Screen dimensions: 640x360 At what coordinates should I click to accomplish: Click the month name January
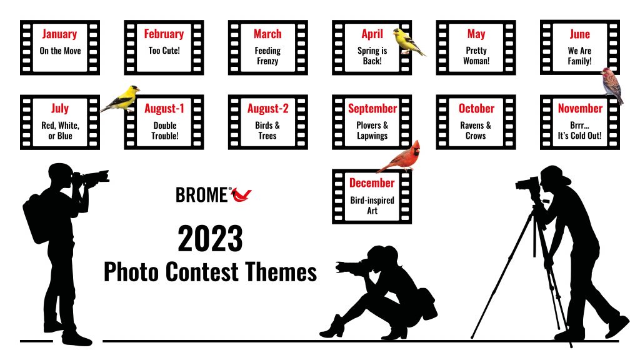pyautogui.click(x=59, y=34)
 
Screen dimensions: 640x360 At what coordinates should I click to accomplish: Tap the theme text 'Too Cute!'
pyautogui.click(x=164, y=51)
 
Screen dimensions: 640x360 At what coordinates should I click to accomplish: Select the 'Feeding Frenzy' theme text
pyautogui.click(x=267, y=56)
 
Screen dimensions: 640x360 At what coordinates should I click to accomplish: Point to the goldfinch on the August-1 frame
pyautogui.click(x=121, y=99)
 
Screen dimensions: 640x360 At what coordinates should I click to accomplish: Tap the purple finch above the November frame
pyautogui.click(x=612, y=86)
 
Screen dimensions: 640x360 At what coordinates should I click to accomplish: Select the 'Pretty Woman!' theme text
pyautogui.click(x=476, y=56)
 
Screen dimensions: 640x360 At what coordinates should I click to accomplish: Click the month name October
pyautogui.click(x=476, y=109)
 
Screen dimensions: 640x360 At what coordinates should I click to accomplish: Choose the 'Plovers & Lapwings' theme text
pyautogui.click(x=372, y=131)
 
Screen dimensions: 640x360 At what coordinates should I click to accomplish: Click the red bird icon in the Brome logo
pyautogui.click(x=241, y=195)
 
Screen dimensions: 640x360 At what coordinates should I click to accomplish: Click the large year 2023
pyautogui.click(x=210, y=238)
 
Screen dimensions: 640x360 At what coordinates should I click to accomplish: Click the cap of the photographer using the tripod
pyautogui.click(x=555, y=175)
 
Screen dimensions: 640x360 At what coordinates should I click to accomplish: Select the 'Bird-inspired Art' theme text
pyautogui.click(x=372, y=205)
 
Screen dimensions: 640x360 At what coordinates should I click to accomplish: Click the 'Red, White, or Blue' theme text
pyautogui.click(x=60, y=131)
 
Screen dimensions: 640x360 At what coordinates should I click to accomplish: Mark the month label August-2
pyautogui.click(x=267, y=109)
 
